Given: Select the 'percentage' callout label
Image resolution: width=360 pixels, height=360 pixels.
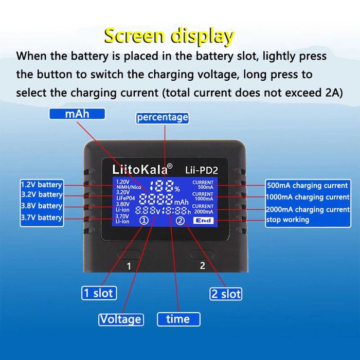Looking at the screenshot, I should (162, 117).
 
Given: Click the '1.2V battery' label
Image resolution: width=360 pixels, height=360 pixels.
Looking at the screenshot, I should (42, 185).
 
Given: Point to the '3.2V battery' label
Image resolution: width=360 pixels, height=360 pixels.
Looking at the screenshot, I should (42, 195).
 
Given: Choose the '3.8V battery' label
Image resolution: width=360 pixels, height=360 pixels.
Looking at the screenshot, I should (42, 206).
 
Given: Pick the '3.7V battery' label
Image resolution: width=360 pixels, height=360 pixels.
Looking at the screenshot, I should (42, 218).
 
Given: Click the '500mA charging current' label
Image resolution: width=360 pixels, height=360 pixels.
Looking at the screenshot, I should (308, 186).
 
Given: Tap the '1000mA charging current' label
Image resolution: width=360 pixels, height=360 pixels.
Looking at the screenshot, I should (308, 197).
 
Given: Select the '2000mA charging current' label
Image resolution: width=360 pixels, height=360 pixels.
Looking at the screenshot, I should (308, 209).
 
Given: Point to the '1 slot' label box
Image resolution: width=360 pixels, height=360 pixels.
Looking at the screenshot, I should (99, 293).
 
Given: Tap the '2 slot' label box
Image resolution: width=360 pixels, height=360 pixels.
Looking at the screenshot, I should (226, 294).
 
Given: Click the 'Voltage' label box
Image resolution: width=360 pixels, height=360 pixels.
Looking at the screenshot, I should (120, 319).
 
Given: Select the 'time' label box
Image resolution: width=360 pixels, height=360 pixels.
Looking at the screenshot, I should (177, 319).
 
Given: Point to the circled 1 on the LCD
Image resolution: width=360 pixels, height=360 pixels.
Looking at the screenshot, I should (145, 221).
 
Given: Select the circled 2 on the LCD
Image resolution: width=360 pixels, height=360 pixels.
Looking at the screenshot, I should (180, 221).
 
